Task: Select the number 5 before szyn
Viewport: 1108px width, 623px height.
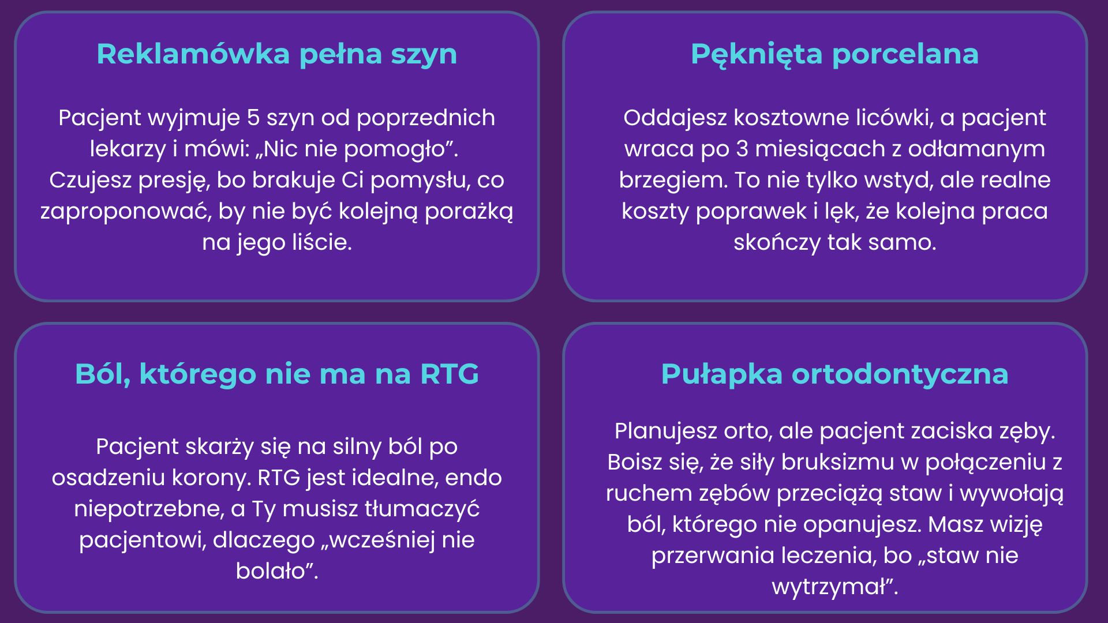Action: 253,118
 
